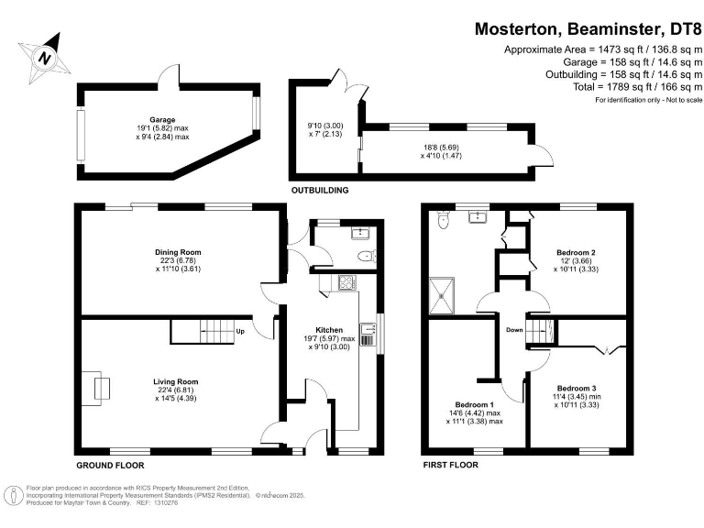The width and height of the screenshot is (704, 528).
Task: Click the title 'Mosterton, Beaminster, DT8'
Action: [586, 28]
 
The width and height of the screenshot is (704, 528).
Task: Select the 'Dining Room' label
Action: [178, 251]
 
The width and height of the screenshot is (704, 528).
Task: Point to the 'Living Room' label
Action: [176, 381]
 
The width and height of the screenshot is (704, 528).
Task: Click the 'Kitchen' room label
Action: [329, 329]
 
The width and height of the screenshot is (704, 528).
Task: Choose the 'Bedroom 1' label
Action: [475, 404]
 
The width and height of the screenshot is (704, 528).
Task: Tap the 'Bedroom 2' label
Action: [577, 251]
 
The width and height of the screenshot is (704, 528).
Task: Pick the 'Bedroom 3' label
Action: [577, 388]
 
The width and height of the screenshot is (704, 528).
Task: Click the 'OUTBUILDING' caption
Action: [320, 191]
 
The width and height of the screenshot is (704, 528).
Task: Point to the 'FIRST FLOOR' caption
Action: [451, 465]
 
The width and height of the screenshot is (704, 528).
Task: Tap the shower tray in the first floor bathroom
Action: [445, 293]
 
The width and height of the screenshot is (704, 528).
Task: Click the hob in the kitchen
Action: [347, 283]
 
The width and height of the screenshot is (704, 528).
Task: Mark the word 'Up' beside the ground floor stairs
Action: [240, 331]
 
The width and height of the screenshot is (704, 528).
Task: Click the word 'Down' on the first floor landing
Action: [515, 331]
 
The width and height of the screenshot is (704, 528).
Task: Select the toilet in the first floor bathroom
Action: [443, 221]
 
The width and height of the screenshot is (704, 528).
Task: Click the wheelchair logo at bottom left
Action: [14, 496]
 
